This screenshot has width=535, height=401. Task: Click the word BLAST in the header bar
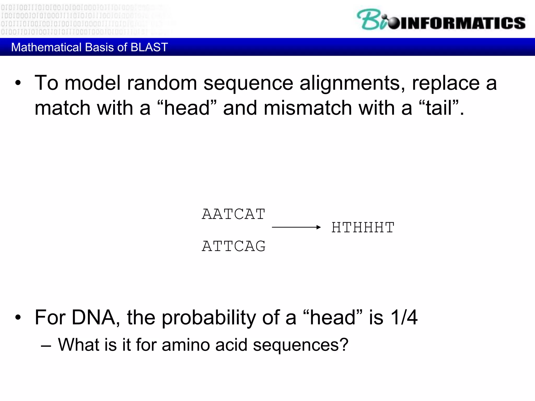[149, 47]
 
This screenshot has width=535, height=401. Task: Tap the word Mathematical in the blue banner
[46, 47]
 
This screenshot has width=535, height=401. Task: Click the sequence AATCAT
[234, 214]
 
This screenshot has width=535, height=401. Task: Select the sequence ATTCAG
[234, 246]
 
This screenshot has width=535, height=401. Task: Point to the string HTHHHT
[363, 227]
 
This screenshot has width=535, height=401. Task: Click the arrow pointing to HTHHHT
[296, 227]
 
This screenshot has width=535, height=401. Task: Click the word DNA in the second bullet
[94, 317]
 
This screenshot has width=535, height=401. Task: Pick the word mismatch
[308, 108]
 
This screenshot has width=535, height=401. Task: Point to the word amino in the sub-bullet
[186, 345]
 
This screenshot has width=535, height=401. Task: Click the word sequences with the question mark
[300, 345]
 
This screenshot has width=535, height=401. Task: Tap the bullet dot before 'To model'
[18, 84]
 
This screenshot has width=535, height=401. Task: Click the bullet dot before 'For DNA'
[18, 318]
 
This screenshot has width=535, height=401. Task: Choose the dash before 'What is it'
[46, 346]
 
